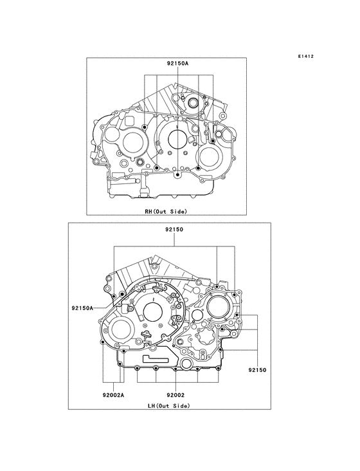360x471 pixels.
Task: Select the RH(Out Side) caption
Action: point(166,212)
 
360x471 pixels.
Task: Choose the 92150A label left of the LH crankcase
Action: point(83,308)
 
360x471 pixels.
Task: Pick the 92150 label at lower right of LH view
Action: point(256,371)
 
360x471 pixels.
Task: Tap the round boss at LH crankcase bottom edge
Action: point(186,365)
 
